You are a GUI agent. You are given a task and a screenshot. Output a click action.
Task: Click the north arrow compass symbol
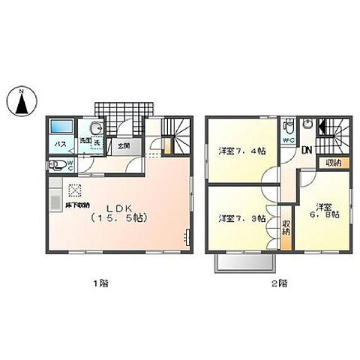click(x=23, y=101)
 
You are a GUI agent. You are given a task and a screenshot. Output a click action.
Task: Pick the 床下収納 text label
click(x=78, y=204)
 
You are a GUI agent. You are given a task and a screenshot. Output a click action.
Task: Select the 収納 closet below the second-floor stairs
click(x=333, y=163)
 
